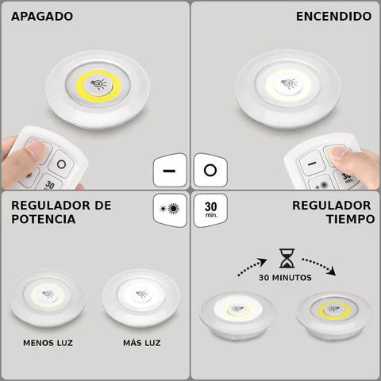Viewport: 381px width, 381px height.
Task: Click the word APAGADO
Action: pyautogui.click(x=42, y=17)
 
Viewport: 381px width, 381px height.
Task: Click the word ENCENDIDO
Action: pyautogui.click(x=333, y=17)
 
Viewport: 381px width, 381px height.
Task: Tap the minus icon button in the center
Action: pyautogui.click(x=169, y=171)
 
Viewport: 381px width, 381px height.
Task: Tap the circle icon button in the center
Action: pyautogui.click(x=209, y=171)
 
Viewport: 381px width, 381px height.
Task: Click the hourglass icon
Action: pyautogui.click(x=285, y=257)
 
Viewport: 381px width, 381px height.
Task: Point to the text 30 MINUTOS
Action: pyautogui.click(x=285, y=279)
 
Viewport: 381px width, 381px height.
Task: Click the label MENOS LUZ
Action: pyautogui.click(x=50, y=343)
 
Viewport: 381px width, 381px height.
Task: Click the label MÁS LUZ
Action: pyautogui.click(x=141, y=343)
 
